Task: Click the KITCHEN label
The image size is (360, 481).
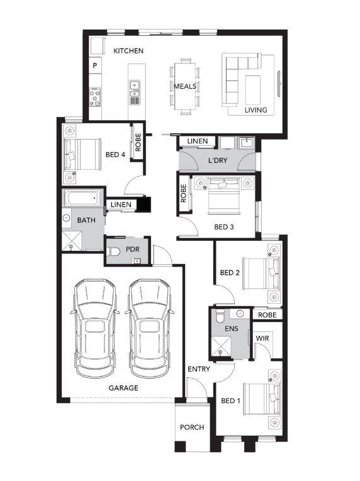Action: click(x=128, y=51)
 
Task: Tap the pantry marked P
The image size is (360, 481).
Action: click(x=95, y=65)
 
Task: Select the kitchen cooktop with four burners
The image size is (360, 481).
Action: click(x=95, y=97)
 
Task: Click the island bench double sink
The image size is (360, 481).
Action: click(x=135, y=89)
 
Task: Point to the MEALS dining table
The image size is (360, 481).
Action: click(x=185, y=86)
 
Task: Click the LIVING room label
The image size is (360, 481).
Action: click(x=256, y=110)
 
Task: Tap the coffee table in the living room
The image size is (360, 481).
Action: click(x=253, y=90)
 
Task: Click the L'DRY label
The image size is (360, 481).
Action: click(x=218, y=160)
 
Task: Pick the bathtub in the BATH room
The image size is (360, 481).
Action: click(x=82, y=198)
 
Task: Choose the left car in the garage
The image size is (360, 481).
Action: click(x=95, y=329)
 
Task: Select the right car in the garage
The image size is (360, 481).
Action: click(x=150, y=329)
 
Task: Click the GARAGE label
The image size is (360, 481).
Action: click(x=123, y=388)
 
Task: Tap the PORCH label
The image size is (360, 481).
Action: click(x=192, y=428)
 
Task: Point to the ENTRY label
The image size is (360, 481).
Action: click(x=199, y=369)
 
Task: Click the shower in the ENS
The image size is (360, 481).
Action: click(x=221, y=347)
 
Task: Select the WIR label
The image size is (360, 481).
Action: click(x=262, y=338)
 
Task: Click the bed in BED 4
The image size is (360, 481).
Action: click(x=82, y=154)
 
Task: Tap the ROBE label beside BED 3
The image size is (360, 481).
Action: click(x=184, y=193)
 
